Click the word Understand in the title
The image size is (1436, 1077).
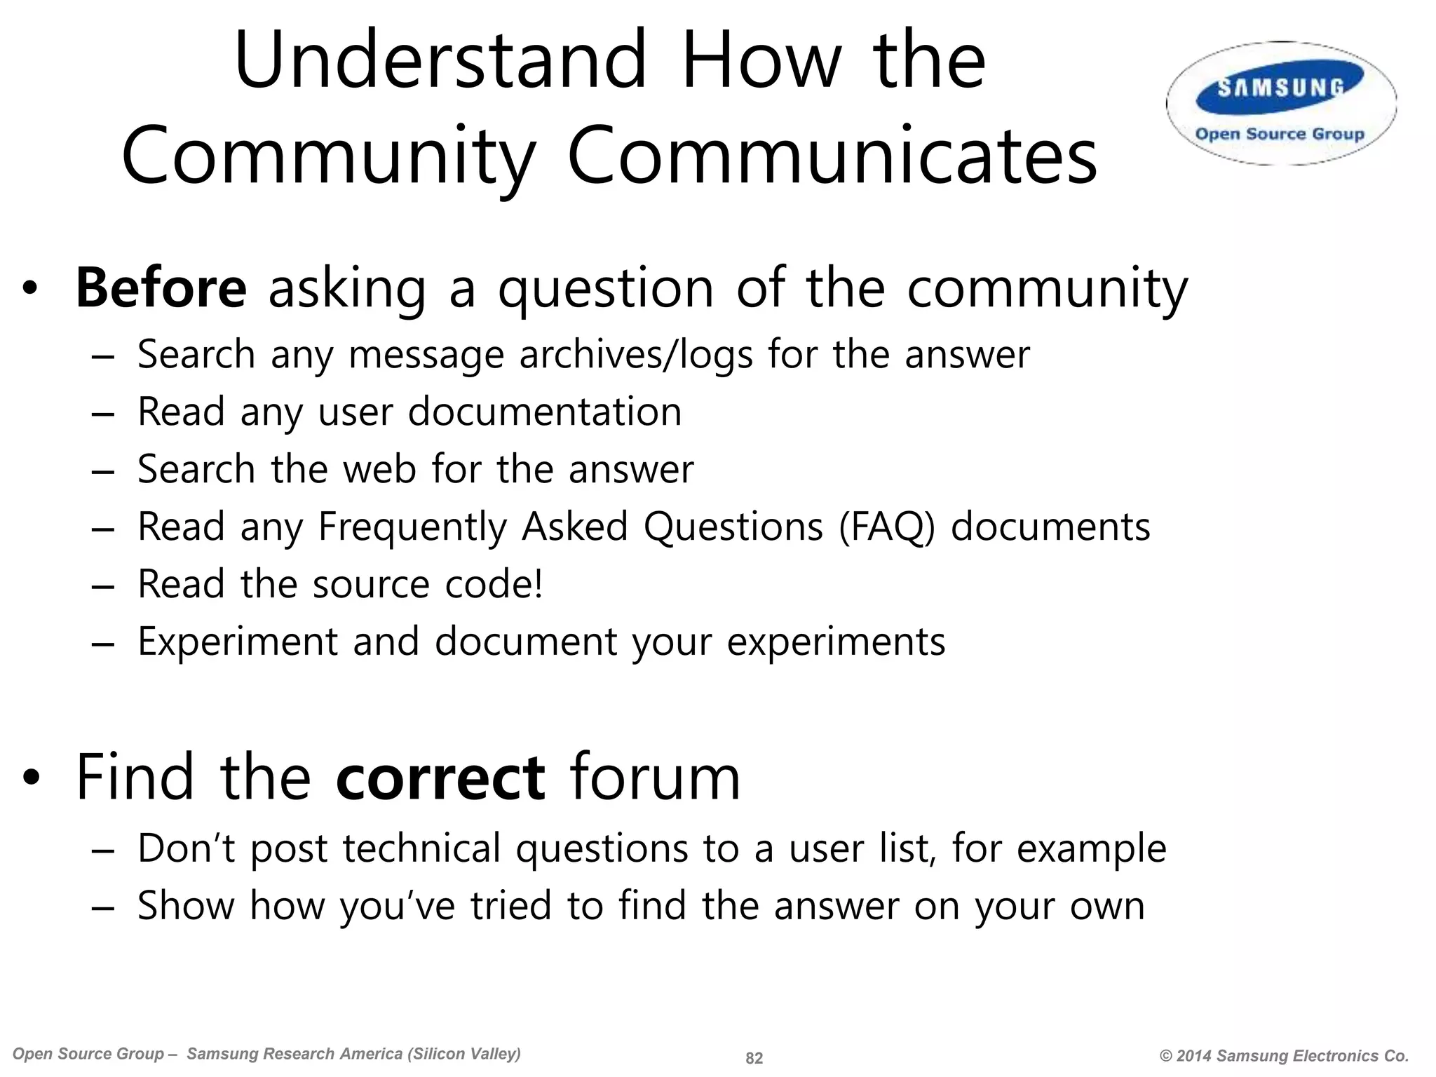(x=440, y=60)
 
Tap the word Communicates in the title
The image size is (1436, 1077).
(x=832, y=156)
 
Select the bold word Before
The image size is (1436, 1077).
(x=161, y=288)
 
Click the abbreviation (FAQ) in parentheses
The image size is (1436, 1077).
(x=887, y=527)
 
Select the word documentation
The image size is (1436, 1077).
(x=545, y=412)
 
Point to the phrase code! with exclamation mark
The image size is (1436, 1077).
(x=494, y=584)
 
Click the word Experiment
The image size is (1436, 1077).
(x=238, y=642)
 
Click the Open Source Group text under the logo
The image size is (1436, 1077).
(x=1280, y=134)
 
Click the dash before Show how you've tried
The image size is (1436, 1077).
(x=102, y=907)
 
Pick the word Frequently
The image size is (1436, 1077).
(x=412, y=527)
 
